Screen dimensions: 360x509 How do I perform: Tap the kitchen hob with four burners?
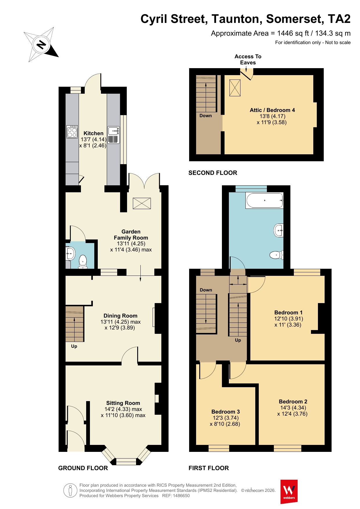point(72,132)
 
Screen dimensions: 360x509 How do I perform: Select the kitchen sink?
point(113,135)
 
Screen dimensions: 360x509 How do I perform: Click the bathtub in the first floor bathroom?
point(264,200)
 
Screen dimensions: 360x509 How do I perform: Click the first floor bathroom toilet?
point(276,255)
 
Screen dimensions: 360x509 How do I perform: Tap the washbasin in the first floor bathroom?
point(279,231)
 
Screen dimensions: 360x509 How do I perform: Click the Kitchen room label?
point(93,133)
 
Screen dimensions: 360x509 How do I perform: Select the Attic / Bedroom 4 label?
point(272,110)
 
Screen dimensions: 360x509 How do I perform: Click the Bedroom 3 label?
point(225,412)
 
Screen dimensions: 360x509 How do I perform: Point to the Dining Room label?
point(120,316)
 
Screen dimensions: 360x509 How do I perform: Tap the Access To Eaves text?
point(248,59)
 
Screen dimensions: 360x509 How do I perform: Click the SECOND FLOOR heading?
point(213,173)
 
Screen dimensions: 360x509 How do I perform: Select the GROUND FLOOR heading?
point(83,468)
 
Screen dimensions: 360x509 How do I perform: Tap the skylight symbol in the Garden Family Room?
point(142,203)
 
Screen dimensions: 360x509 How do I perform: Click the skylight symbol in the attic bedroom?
point(235,88)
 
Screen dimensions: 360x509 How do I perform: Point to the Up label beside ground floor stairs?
point(74,346)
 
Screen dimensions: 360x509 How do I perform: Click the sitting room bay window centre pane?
point(126,461)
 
